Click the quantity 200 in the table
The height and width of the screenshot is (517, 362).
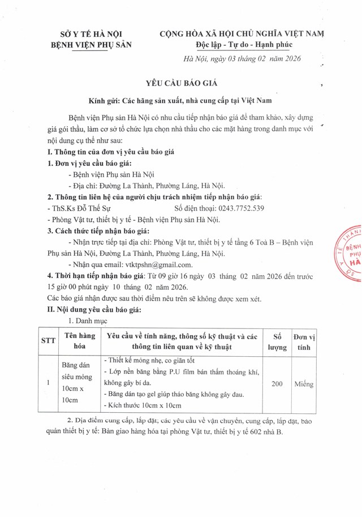tap(277, 384)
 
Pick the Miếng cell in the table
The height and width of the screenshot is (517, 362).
tap(308, 384)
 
